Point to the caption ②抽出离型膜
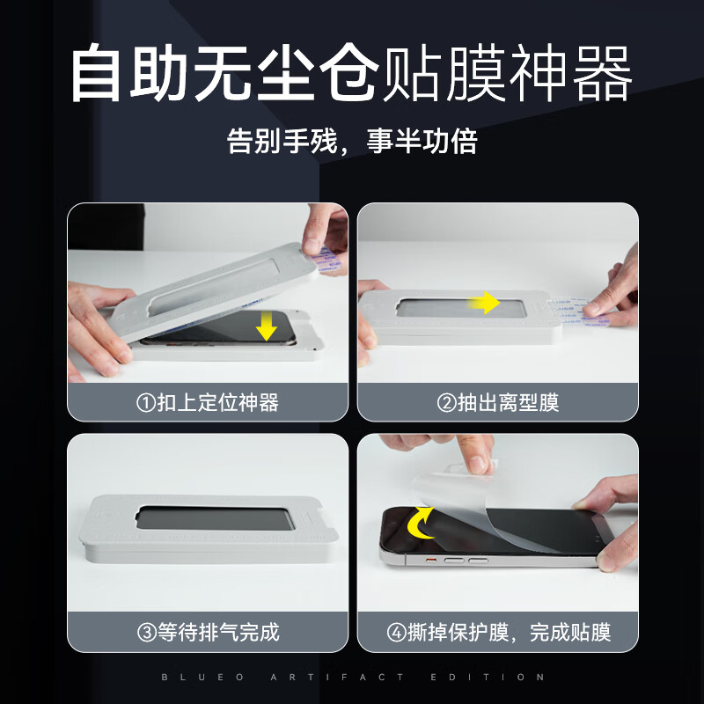point(498,403)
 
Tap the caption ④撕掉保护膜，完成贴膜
point(498,632)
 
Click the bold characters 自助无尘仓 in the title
point(224,75)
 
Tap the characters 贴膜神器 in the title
point(509,75)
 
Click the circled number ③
point(146,632)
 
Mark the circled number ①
point(146,403)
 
